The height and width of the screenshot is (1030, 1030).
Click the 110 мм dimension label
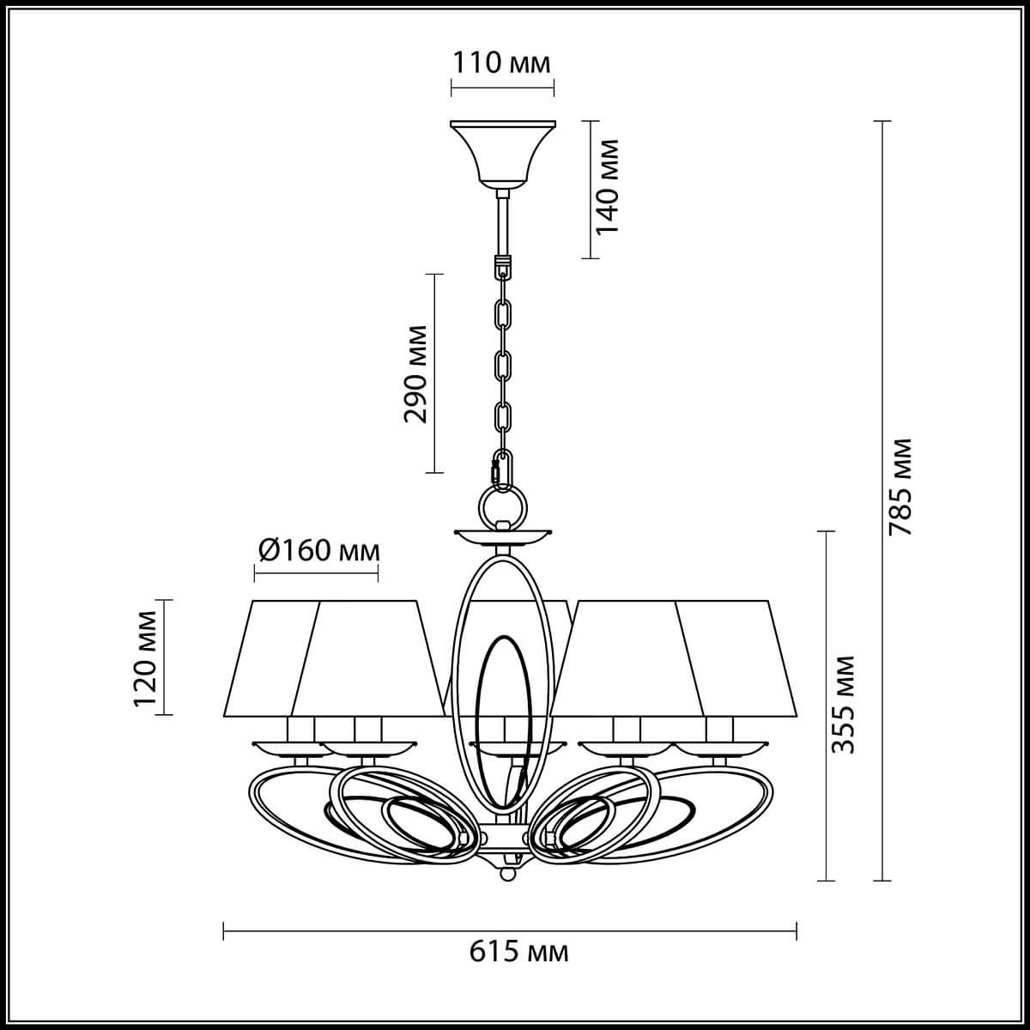(502, 63)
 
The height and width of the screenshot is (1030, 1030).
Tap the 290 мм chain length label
(416, 373)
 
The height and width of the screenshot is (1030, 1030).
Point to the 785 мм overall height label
(900, 488)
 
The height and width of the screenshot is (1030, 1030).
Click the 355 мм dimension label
(845, 704)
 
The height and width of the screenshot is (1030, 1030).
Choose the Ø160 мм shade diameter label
(317, 549)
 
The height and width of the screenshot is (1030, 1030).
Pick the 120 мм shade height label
(146, 657)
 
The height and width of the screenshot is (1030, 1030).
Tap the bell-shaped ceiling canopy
(502, 150)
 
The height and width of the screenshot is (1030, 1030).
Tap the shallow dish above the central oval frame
(502, 537)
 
